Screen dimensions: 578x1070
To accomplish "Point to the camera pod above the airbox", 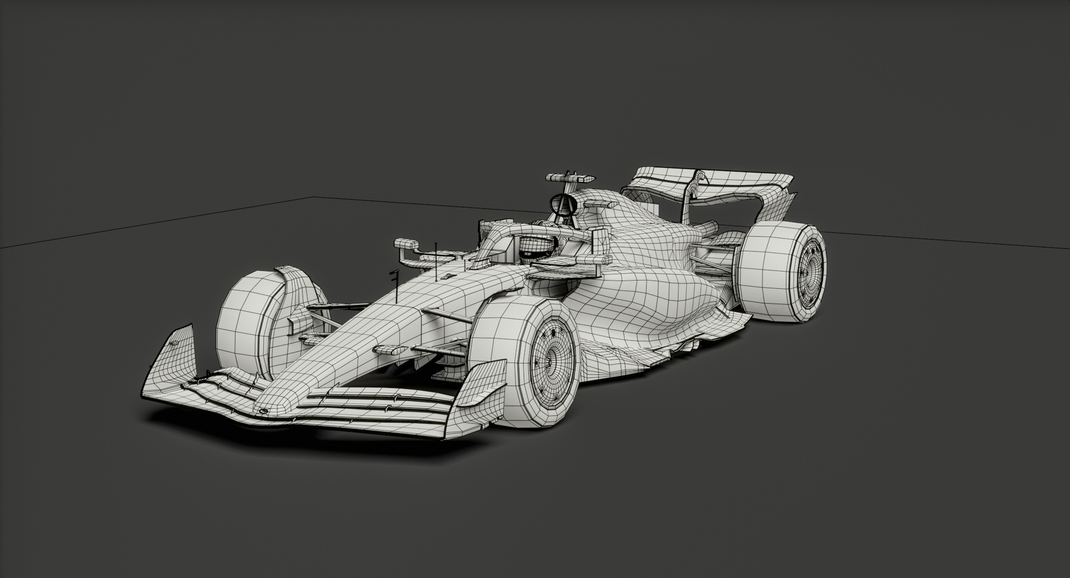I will (569, 178).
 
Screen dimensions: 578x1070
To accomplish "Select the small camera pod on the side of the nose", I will (391, 350).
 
